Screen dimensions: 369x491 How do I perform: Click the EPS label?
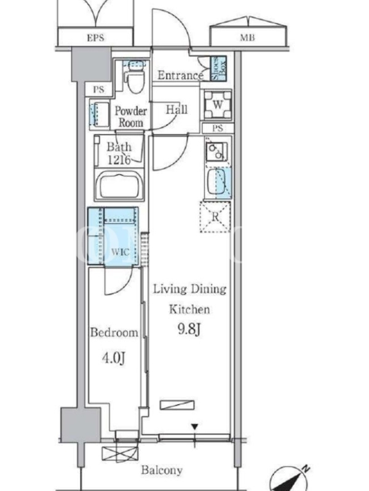pyautogui.click(x=95, y=38)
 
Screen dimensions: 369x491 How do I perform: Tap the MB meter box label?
pyautogui.click(x=247, y=38)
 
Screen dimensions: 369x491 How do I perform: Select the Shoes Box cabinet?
pyautogui.click(x=218, y=69)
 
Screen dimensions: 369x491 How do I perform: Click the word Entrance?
pyautogui.click(x=180, y=75)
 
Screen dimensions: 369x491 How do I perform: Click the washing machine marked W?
pyautogui.click(x=218, y=105)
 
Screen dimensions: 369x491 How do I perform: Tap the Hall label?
pyautogui.click(x=177, y=110)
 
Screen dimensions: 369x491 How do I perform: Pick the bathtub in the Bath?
pyautogui.click(x=119, y=185)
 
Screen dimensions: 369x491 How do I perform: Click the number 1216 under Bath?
pyautogui.click(x=119, y=160)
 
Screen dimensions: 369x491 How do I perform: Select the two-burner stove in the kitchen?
pyautogui.click(x=216, y=150)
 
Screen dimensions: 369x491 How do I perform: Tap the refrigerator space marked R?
pyautogui.click(x=215, y=217)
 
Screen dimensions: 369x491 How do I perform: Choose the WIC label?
pyautogui.click(x=120, y=252)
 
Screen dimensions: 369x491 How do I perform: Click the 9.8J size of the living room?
pyautogui.click(x=189, y=330)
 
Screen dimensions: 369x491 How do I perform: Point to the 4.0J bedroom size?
pyautogui.click(x=114, y=358)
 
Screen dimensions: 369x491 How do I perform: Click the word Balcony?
pyautogui.click(x=162, y=470)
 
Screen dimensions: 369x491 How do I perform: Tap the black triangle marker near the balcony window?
pyautogui.click(x=195, y=427)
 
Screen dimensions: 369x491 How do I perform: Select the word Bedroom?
pyautogui.click(x=114, y=332)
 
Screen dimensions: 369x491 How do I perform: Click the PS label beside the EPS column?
pyautogui.click(x=98, y=90)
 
